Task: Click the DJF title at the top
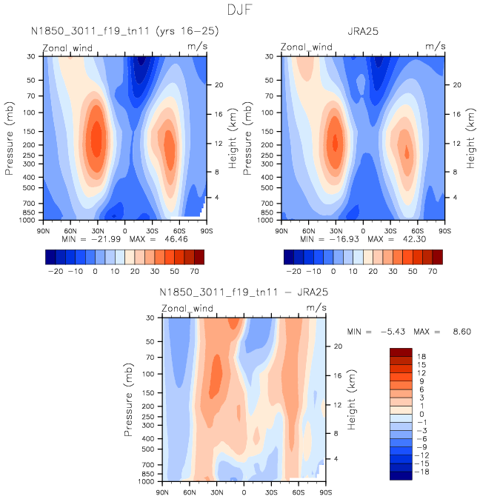[240, 11]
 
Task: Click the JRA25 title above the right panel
[363, 32]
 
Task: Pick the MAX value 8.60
[458, 332]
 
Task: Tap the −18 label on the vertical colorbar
[421, 472]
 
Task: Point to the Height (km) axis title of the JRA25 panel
[470, 137]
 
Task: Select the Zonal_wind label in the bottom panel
[187, 308]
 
